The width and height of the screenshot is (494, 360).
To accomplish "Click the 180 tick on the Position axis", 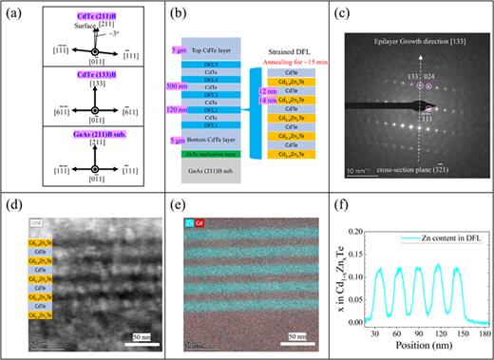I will coord(484,333).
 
